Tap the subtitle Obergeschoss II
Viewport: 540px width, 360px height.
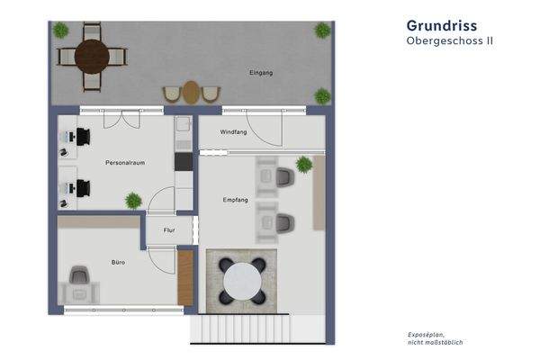click(x=449, y=41)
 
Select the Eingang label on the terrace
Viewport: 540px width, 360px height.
click(x=261, y=71)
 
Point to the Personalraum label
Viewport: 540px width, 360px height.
click(x=125, y=163)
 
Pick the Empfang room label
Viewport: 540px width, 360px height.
click(x=236, y=200)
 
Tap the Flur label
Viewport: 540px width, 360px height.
click(x=168, y=230)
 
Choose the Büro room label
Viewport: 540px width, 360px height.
click(x=118, y=262)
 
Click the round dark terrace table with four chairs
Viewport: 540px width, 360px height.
click(x=92, y=58)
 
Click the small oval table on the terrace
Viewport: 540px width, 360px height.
click(x=191, y=92)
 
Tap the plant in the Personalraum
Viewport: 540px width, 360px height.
click(x=133, y=200)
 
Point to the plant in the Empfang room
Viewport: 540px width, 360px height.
click(x=304, y=165)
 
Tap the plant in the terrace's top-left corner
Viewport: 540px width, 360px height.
click(x=60, y=30)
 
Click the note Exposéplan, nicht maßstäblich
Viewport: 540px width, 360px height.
click(x=436, y=338)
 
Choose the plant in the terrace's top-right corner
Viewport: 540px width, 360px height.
click(x=322, y=30)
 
